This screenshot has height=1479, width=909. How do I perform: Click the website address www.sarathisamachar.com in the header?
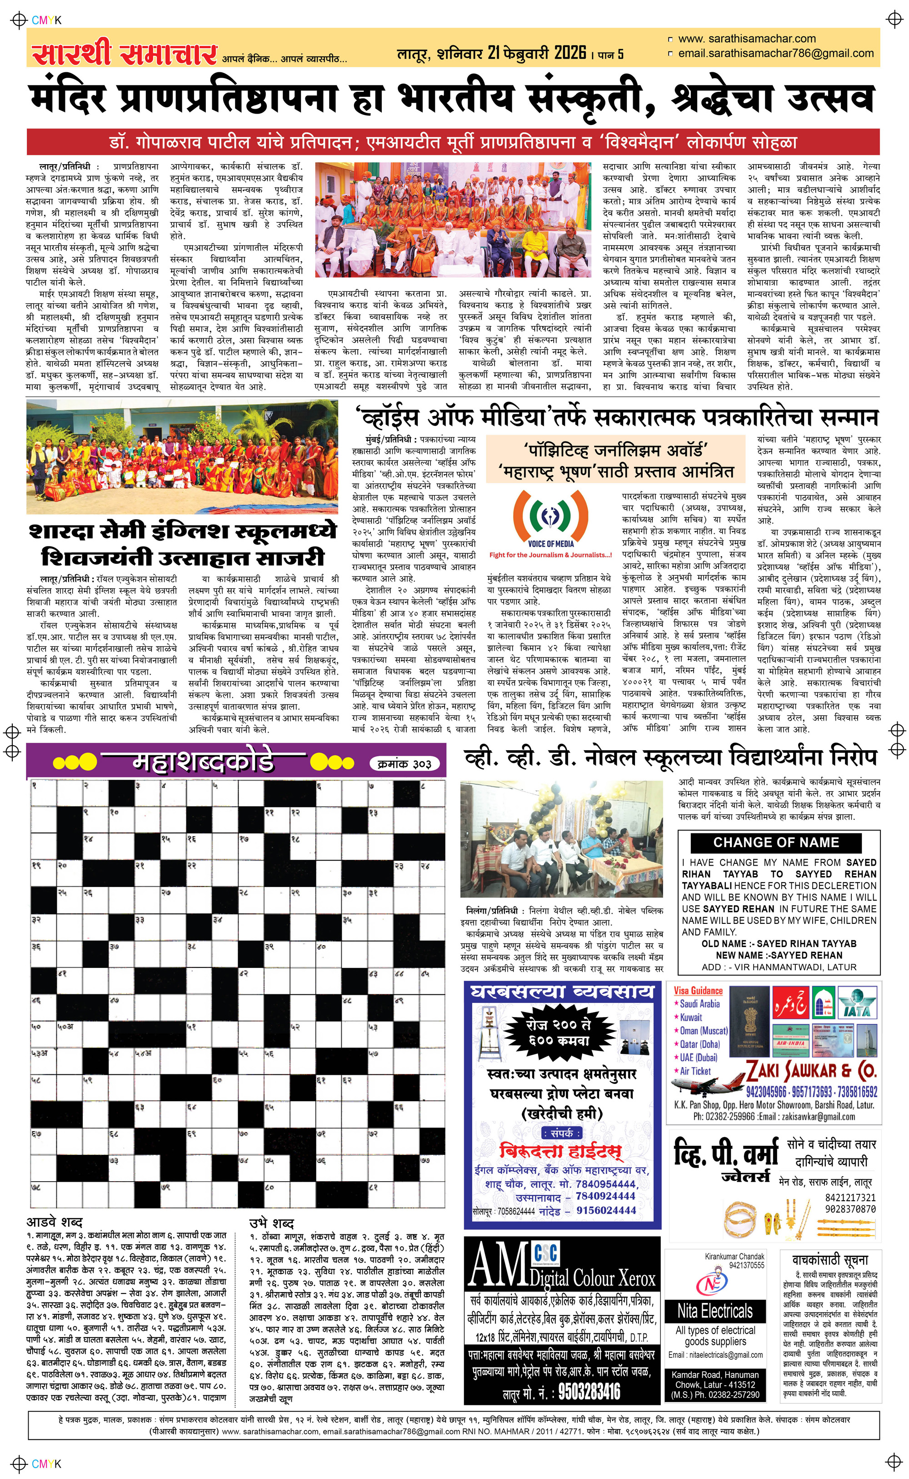pyautogui.click(x=747, y=39)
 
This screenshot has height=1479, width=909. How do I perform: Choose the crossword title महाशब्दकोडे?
pyautogui.click(x=203, y=762)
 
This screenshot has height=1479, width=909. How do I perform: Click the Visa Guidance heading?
pyautogui.click(x=698, y=991)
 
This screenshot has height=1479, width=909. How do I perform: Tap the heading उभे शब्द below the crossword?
pyautogui.click(x=272, y=1223)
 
